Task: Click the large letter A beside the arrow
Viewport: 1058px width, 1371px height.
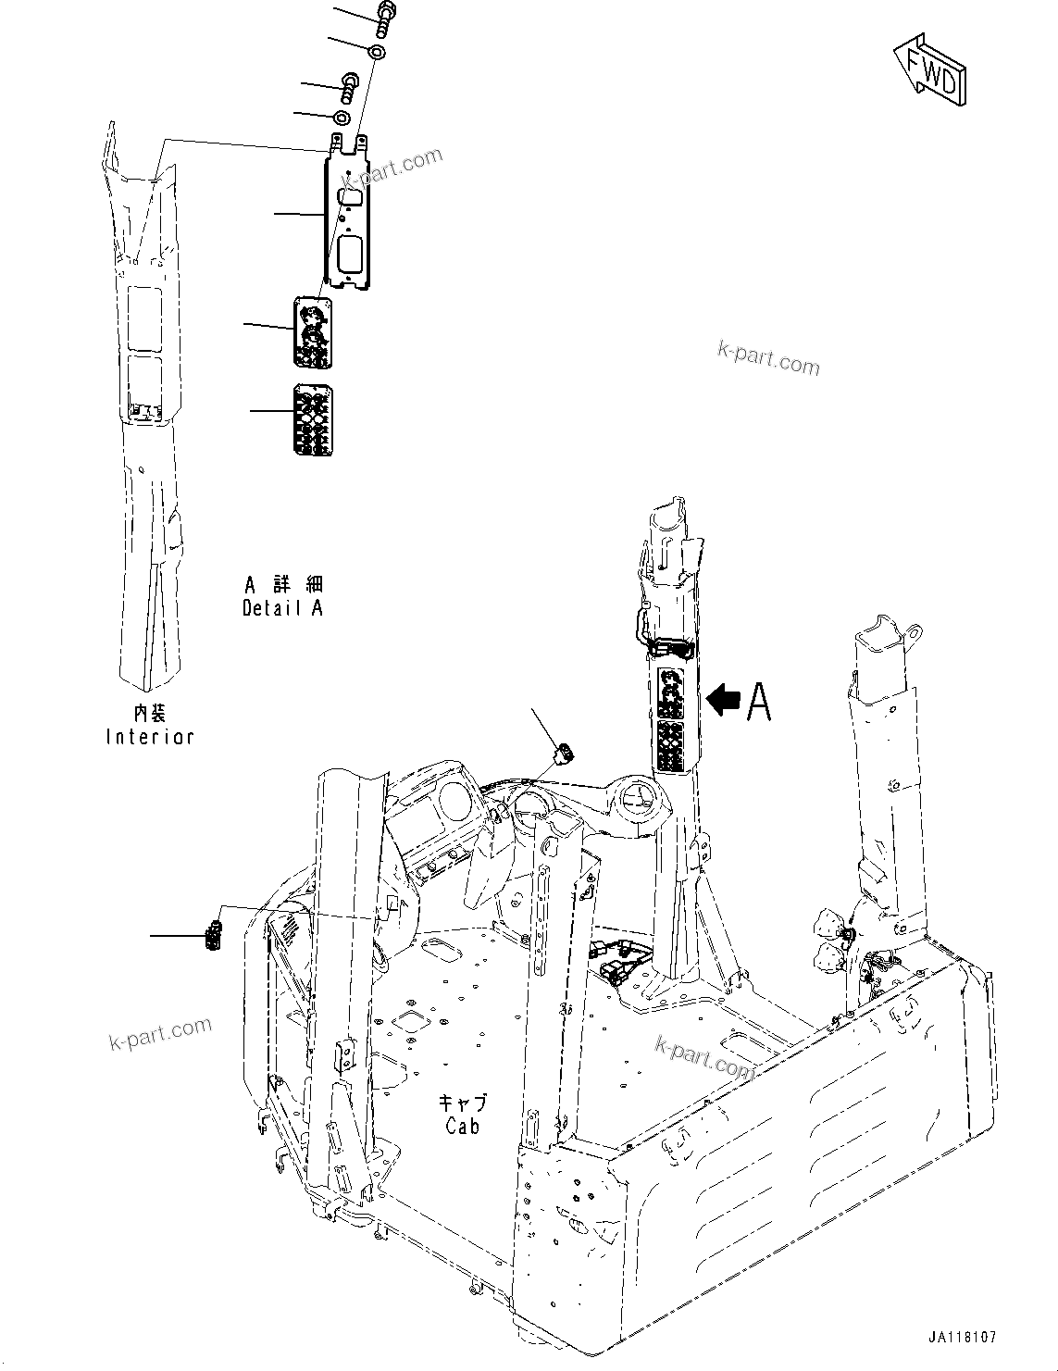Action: pos(758,701)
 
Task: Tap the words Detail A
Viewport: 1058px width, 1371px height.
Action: pos(282,608)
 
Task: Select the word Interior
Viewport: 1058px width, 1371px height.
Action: pos(150,737)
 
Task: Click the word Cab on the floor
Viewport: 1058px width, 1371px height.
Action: pos(462,1127)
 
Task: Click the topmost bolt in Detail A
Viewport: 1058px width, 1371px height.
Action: pos(384,18)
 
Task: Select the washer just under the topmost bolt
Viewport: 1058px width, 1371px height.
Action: pos(377,51)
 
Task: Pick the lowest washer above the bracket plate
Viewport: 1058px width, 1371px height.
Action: pos(340,118)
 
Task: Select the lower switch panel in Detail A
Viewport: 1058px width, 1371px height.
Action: pos(313,419)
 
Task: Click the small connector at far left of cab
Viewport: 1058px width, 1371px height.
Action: pos(214,935)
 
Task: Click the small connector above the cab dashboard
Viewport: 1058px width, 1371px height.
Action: pos(562,754)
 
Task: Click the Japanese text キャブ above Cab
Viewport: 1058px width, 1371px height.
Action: pos(462,1103)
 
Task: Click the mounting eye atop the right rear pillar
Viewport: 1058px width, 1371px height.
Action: pos(915,632)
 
